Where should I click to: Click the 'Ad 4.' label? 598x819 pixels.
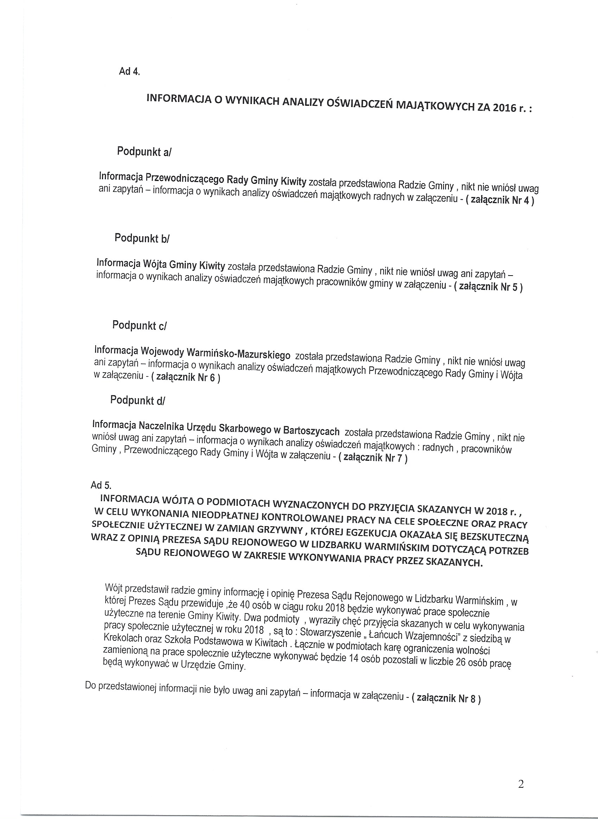(x=129, y=71)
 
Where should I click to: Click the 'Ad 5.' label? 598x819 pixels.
(x=101, y=485)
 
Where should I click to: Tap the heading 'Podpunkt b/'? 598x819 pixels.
(x=142, y=238)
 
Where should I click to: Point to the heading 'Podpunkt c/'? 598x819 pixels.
(x=139, y=325)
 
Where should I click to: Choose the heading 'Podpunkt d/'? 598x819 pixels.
(x=138, y=400)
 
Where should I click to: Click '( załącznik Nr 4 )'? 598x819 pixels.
(x=500, y=200)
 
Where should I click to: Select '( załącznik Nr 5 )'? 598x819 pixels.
(x=488, y=287)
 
